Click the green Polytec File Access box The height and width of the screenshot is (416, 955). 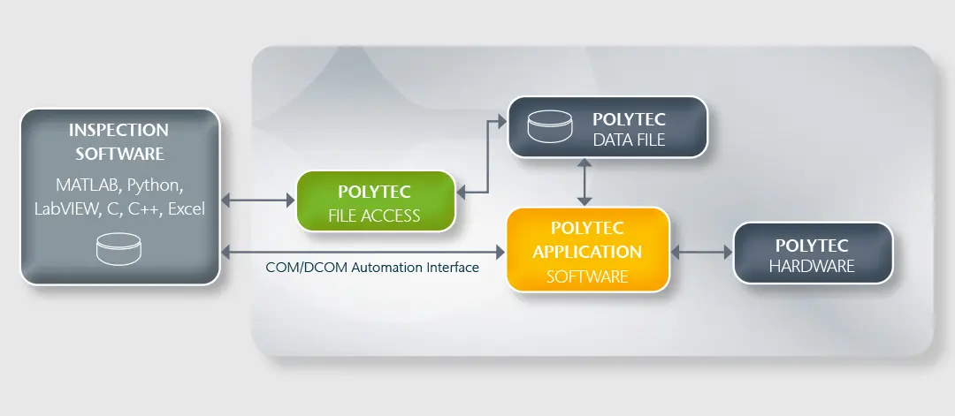click(x=376, y=202)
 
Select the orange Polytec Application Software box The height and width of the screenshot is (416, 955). click(x=587, y=250)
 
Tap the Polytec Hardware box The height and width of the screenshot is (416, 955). click(x=812, y=253)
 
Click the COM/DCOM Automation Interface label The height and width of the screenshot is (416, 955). click(x=372, y=267)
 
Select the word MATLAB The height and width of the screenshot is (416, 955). click(x=86, y=185)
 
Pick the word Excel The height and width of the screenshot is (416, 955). click(x=185, y=209)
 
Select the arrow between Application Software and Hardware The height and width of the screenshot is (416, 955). click(x=702, y=253)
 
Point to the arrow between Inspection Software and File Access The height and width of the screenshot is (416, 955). click(x=257, y=201)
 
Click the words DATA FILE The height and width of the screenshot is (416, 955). click(x=629, y=140)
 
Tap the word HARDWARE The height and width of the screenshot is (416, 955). click(x=812, y=266)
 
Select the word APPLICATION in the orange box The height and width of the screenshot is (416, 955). click(x=587, y=251)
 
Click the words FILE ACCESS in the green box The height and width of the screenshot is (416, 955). click(x=375, y=215)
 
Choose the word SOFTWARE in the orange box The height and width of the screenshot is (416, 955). click(x=587, y=276)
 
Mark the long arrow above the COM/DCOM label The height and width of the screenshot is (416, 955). click(x=363, y=253)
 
